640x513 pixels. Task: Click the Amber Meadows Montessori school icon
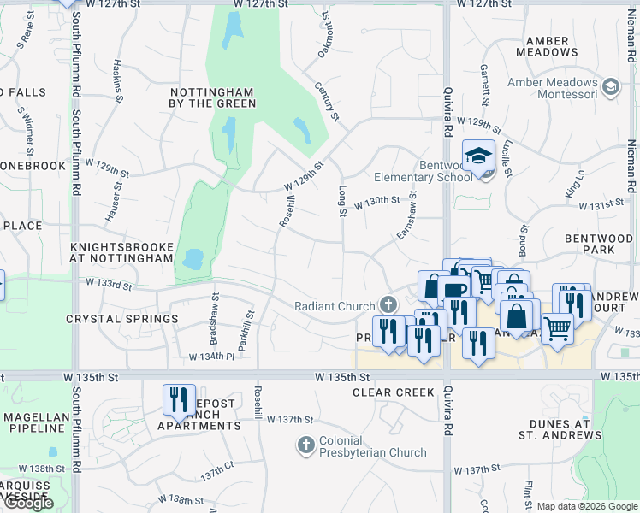coord(611,86)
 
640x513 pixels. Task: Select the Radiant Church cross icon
coord(388,305)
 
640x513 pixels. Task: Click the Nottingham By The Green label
coord(213,97)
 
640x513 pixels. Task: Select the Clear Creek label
coord(388,392)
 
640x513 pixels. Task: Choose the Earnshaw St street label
coord(406,218)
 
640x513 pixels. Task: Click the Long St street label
coord(342,201)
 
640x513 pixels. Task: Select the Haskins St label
coord(118,80)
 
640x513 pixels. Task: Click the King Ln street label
coord(573,187)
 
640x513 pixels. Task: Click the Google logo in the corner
coord(27,503)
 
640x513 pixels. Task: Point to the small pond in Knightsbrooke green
coord(193,257)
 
